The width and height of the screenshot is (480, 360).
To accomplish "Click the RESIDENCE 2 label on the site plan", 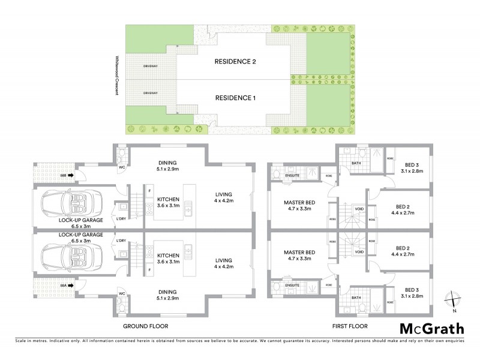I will (x=236, y=62).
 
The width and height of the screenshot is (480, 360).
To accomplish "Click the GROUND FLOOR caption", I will (x=145, y=326).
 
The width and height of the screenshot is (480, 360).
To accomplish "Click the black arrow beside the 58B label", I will (x=70, y=175).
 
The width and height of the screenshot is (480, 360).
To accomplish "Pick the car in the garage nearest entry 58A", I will (x=72, y=259).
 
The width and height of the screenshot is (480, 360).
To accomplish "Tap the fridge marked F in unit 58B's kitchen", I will (x=149, y=191).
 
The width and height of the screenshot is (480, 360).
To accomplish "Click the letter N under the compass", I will (x=455, y=310).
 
